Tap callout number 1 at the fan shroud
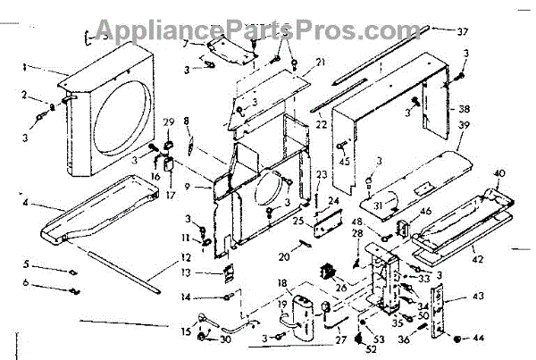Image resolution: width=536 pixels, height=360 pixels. pyautogui.click(x=28, y=66)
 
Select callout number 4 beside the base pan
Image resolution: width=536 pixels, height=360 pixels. pyautogui.click(x=28, y=203)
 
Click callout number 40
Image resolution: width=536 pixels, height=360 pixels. pyautogui.click(x=498, y=172)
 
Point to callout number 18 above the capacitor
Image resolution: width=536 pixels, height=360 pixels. pyautogui.click(x=283, y=284)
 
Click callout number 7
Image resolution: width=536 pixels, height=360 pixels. pyautogui.click(x=185, y=42)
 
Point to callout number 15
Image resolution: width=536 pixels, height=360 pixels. pyautogui.click(x=186, y=331)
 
